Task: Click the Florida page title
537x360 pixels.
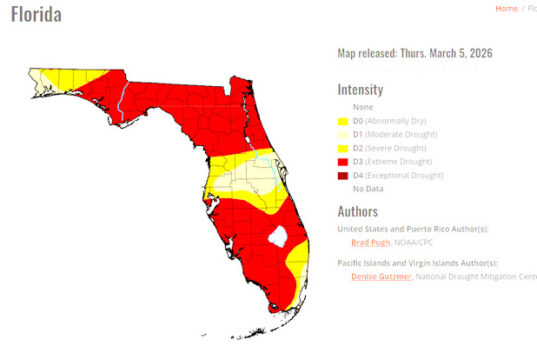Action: click(x=36, y=15)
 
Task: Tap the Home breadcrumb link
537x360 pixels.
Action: click(x=506, y=8)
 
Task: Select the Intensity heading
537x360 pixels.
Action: click(x=360, y=89)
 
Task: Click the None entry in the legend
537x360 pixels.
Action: click(x=362, y=105)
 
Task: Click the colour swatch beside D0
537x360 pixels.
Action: click(x=343, y=120)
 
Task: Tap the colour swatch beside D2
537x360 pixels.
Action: click(x=343, y=148)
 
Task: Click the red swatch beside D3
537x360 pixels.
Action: click(x=343, y=161)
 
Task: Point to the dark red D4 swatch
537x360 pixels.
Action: click(x=343, y=175)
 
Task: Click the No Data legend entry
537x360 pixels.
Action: click(x=368, y=188)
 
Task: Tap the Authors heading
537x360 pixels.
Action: click(x=357, y=211)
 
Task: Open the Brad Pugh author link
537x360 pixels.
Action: click(x=369, y=243)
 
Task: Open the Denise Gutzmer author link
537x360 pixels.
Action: click(x=380, y=276)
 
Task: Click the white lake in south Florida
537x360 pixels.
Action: click(x=280, y=236)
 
